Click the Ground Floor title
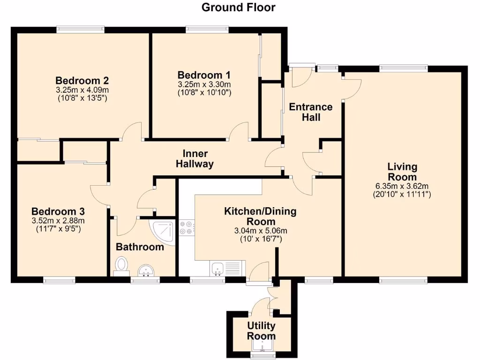239,7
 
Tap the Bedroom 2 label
82,81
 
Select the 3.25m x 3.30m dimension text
204,84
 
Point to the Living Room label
402,172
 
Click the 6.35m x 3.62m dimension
402,186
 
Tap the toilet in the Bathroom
121,266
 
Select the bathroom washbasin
146,270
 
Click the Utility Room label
261,330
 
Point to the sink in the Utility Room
262,345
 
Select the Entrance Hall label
311,112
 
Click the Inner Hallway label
195,158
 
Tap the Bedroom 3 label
58,211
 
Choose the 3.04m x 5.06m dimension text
261,231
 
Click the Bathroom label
140,247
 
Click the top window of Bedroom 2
81,30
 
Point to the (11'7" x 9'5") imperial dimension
58,228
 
